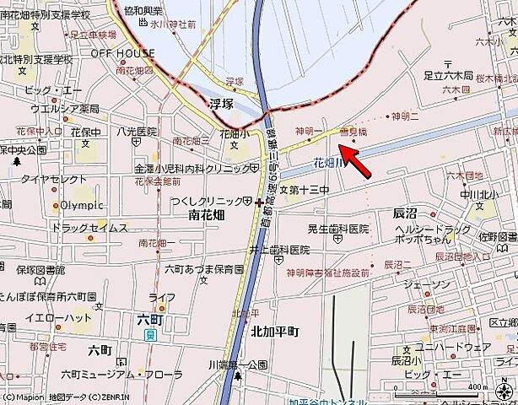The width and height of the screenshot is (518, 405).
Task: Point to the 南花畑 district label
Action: [x=201, y=216]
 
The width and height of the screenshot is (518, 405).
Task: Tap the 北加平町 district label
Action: [x=274, y=332]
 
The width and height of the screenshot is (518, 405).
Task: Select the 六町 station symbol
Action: [x=149, y=335]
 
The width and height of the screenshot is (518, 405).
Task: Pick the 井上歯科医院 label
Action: [x=279, y=250]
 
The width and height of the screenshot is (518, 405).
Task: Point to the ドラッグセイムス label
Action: [x=89, y=228]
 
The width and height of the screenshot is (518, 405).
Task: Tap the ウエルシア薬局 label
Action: [x=64, y=109]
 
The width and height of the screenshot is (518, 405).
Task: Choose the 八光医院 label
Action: [x=138, y=132]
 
